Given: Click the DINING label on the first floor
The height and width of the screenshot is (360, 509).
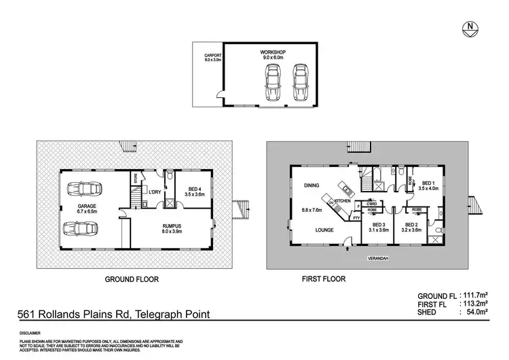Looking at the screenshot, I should pos(313,184).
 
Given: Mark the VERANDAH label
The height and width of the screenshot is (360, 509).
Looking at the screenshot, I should pos(379,258).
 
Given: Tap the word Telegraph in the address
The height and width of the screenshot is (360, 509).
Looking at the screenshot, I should pos(159,314).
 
